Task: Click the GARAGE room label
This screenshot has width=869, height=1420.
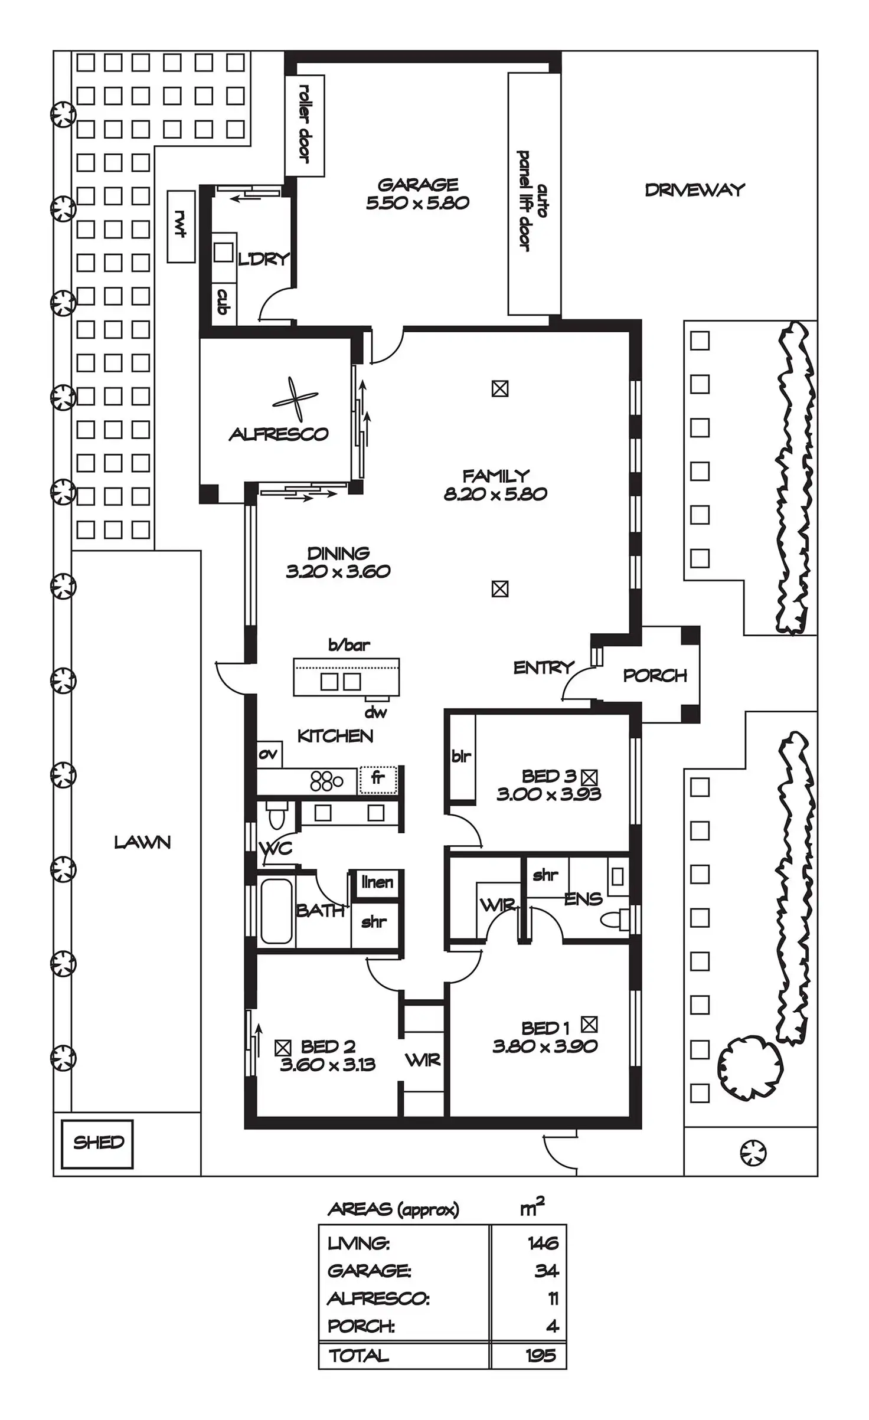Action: (417, 185)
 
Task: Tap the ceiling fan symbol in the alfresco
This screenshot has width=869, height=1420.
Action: (295, 399)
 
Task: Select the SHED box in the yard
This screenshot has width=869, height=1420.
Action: (97, 1144)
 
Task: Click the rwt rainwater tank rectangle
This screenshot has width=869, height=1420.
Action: (181, 226)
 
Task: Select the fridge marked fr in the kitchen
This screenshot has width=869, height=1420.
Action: (378, 780)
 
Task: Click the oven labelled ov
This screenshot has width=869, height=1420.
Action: (269, 754)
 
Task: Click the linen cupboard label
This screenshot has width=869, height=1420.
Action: (377, 882)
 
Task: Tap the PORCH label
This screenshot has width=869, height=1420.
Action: (655, 675)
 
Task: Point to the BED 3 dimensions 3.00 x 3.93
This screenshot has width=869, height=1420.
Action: (548, 794)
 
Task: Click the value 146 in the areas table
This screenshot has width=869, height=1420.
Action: (543, 1244)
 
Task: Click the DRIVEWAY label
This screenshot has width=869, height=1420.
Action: (695, 190)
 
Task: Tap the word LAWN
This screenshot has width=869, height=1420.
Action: (142, 842)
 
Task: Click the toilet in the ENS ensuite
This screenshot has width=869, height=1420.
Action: (614, 920)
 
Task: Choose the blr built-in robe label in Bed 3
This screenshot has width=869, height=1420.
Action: (461, 755)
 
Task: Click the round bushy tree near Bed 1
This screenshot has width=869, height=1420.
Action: (750, 1065)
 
